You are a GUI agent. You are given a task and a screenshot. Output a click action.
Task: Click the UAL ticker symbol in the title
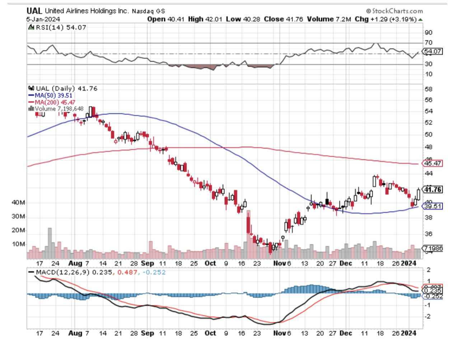click(34, 11)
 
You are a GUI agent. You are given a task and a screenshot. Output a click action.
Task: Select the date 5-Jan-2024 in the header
click(43, 19)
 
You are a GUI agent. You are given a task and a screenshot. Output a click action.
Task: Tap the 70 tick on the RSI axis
click(428, 43)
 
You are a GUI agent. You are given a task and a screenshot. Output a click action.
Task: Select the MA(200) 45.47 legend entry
click(52, 102)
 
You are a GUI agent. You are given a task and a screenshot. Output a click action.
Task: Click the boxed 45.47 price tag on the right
click(433, 164)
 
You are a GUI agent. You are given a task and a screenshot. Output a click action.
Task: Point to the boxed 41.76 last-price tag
click(433, 189)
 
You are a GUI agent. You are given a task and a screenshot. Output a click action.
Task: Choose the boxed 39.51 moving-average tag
click(433, 206)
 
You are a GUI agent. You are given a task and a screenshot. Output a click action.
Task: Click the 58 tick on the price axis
click(428, 89)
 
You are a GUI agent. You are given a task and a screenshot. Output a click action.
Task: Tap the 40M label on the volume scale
click(18, 203)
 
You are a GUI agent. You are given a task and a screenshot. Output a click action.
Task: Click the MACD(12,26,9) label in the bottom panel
click(60, 272)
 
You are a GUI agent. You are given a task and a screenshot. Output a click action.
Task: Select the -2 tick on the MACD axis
click(428, 316)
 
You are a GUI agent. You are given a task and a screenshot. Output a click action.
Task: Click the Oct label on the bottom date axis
click(210, 333)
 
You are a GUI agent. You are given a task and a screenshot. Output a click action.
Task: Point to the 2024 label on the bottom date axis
click(408, 333)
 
